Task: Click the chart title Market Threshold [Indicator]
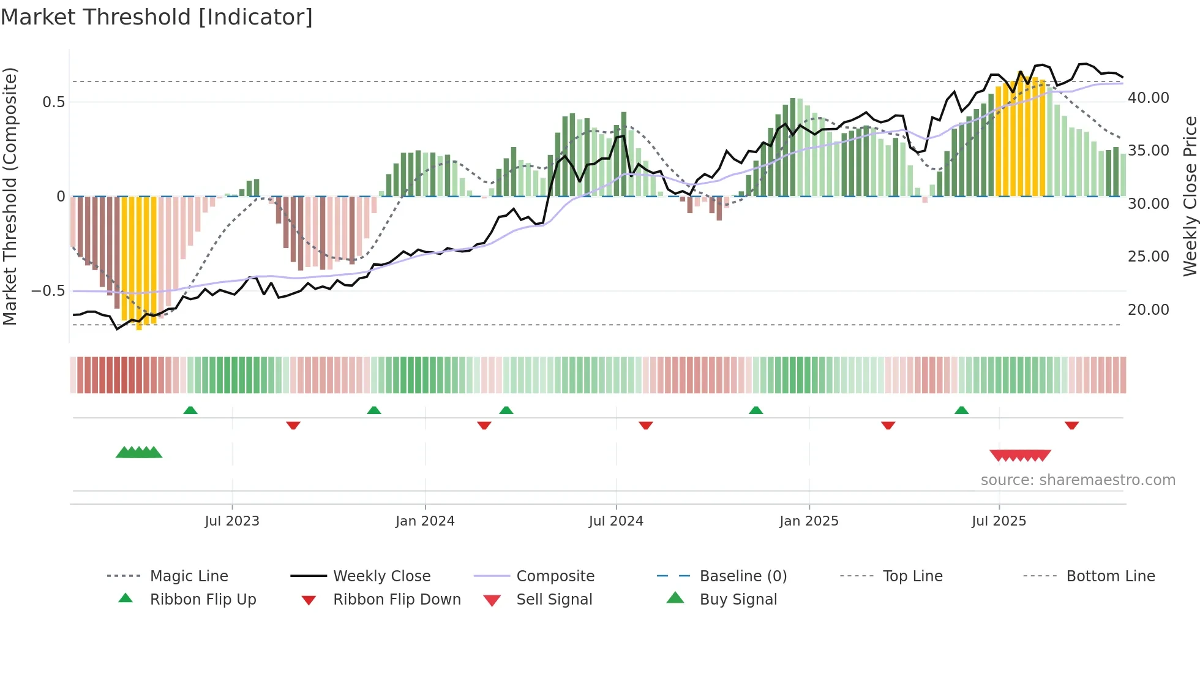click(x=157, y=17)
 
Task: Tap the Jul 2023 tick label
click(x=232, y=521)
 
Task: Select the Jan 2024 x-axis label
click(x=425, y=521)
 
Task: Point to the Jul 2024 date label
click(x=616, y=521)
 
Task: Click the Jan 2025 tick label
click(x=809, y=521)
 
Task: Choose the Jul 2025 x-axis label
click(x=999, y=521)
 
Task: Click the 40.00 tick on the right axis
click(x=1149, y=98)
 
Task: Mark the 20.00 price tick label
click(x=1149, y=310)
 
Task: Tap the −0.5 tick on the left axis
click(x=48, y=291)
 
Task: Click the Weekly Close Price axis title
click(x=1190, y=196)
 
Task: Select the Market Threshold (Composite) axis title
click(x=10, y=196)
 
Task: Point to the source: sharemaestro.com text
click(x=1078, y=480)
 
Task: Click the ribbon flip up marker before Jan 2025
click(x=756, y=410)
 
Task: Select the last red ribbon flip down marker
click(x=1071, y=425)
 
